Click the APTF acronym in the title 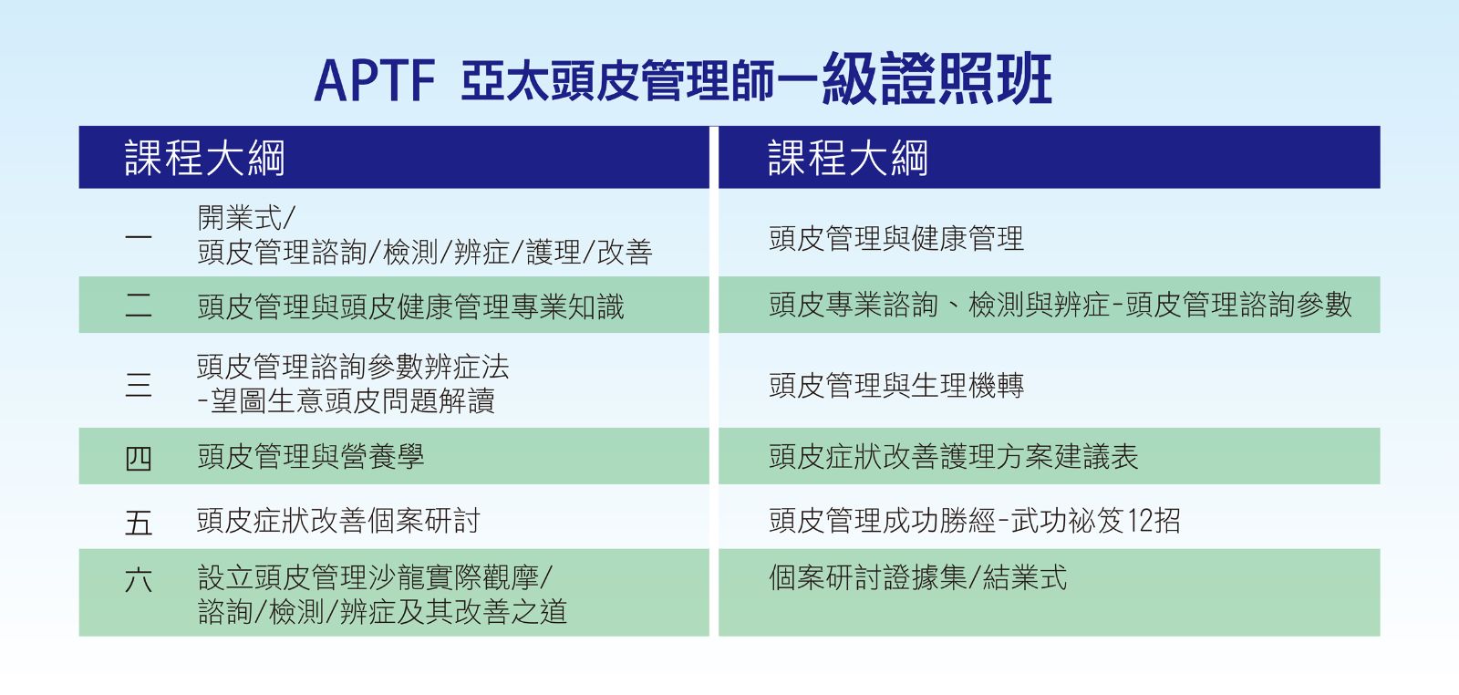375,81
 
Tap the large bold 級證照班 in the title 936,78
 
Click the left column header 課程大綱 204,158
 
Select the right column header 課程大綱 848,158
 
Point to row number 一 138,236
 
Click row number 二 138,305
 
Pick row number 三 138,384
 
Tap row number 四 138,458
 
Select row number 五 138,522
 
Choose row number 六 138,579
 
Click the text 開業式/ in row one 246,218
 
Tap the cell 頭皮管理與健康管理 896,238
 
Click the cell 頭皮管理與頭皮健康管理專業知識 411,306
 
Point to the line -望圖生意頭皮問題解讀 346,400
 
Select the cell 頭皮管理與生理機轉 896,385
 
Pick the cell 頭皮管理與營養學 311,456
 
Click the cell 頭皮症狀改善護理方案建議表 954,456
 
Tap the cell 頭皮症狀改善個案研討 338,521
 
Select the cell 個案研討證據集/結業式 917,577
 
